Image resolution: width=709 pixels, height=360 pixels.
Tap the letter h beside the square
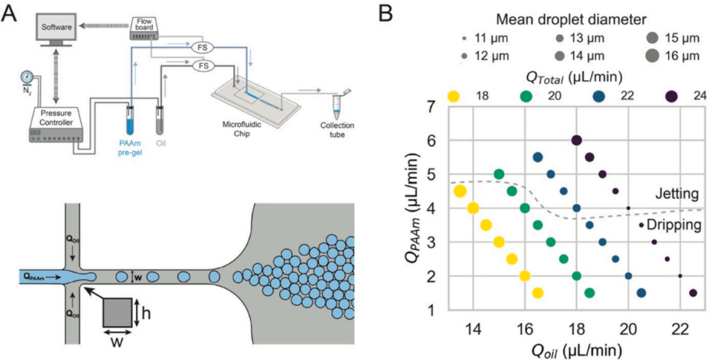coord(147,313)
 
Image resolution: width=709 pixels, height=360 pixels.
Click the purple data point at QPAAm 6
coord(576,140)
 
